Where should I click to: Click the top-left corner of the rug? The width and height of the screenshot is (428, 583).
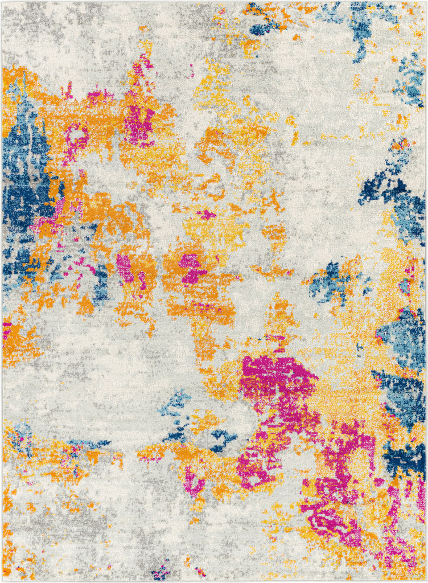[x=2, y=2]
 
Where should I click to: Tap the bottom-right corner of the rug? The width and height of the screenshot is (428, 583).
[x=426, y=580]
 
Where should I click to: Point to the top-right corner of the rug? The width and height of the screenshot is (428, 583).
[x=426, y=2]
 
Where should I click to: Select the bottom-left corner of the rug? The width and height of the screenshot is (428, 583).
[x=2, y=580]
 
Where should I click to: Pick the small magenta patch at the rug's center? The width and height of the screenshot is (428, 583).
[x=192, y=268]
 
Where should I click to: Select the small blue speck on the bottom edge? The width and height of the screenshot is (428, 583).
[x=160, y=571]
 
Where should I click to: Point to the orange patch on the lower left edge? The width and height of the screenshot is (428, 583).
[x=17, y=342]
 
